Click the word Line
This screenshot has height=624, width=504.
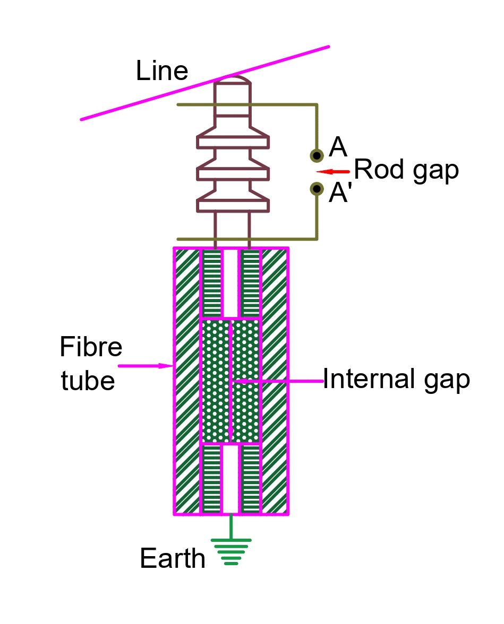[x=162, y=71]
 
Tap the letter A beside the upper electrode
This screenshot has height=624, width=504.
[x=338, y=147]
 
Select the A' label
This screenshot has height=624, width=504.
[x=340, y=194]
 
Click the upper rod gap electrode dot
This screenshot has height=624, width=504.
[x=317, y=155]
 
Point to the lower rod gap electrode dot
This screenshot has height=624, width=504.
[x=317, y=188]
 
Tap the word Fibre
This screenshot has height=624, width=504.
[x=91, y=348]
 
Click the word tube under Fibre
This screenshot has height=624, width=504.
[x=88, y=381]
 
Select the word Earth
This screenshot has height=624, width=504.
[x=173, y=558]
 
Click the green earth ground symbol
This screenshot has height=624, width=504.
[x=230, y=551]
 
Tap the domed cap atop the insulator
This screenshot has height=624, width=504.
[x=232, y=81]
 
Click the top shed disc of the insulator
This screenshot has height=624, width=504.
[x=233, y=142]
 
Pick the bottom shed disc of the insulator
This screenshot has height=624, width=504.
[x=233, y=205]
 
